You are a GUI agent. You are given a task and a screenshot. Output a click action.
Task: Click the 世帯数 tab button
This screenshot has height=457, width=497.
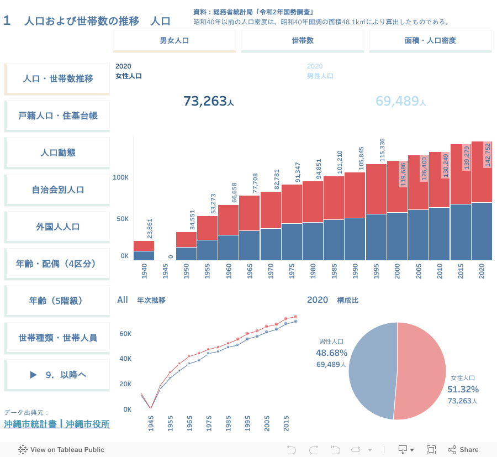coord(302,40)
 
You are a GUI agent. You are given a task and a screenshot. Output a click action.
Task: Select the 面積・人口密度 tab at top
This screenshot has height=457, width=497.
coord(430,40)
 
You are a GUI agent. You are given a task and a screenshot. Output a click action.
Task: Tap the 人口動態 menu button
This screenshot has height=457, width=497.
coord(57,153)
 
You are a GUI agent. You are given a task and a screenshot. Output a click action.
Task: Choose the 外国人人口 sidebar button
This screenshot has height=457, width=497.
coord(57,227)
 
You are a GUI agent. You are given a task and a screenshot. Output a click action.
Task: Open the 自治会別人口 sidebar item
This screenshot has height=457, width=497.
coord(57,190)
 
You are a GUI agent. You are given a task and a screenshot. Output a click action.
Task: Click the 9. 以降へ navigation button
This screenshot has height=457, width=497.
coord(57,375)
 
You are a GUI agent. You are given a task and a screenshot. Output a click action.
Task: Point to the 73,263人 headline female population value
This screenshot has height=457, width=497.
coord(208,101)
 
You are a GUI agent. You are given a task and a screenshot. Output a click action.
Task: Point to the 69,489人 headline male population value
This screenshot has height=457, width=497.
coord(400,101)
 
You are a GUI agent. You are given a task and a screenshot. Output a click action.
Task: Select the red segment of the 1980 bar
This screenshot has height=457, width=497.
coord(313,202)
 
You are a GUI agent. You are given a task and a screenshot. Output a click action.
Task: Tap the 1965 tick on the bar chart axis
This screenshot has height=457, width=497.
coord(249,270)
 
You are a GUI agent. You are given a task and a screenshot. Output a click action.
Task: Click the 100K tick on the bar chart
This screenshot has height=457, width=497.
coord(121,177)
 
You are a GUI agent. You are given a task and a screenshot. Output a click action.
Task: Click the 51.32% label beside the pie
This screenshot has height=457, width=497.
coord(463,390)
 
